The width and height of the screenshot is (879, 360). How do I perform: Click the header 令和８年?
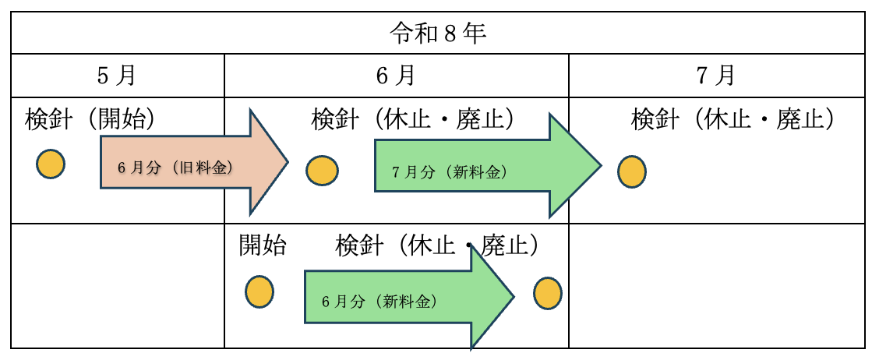(x=438, y=34)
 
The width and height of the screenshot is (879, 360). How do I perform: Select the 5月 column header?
(x=117, y=76)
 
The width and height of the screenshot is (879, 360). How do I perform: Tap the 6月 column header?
(x=396, y=76)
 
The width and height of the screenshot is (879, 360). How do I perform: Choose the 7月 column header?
(x=716, y=76)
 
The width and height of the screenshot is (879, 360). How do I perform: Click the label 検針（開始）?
(x=90, y=119)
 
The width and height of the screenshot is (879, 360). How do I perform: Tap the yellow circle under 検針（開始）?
(x=51, y=164)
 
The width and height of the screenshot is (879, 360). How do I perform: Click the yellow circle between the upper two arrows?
(x=322, y=171)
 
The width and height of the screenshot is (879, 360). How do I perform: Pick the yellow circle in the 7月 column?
(x=631, y=171)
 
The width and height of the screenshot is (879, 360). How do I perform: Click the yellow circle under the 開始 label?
(x=259, y=292)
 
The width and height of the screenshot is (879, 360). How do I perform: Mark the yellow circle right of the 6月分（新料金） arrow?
(x=547, y=295)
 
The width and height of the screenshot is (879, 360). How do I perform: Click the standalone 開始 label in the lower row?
(x=263, y=246)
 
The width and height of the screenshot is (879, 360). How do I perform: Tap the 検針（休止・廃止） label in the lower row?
(x=437, y=246)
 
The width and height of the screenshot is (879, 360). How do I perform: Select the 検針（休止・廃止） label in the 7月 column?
(x=733, y=119)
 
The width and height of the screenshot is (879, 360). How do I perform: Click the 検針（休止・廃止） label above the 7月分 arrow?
(x=413, y=119)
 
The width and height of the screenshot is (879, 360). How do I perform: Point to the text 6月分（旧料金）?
(x=175, y=168)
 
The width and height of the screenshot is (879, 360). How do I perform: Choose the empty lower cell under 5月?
(x=117, y=285)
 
